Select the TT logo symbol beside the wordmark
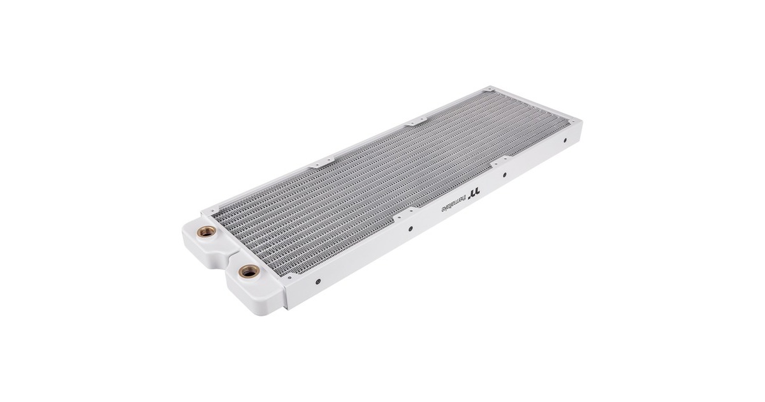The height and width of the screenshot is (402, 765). tap(472, 191)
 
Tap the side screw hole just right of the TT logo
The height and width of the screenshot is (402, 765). tap(504, 174)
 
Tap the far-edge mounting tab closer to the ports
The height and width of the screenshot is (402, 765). tap(312, 165)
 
